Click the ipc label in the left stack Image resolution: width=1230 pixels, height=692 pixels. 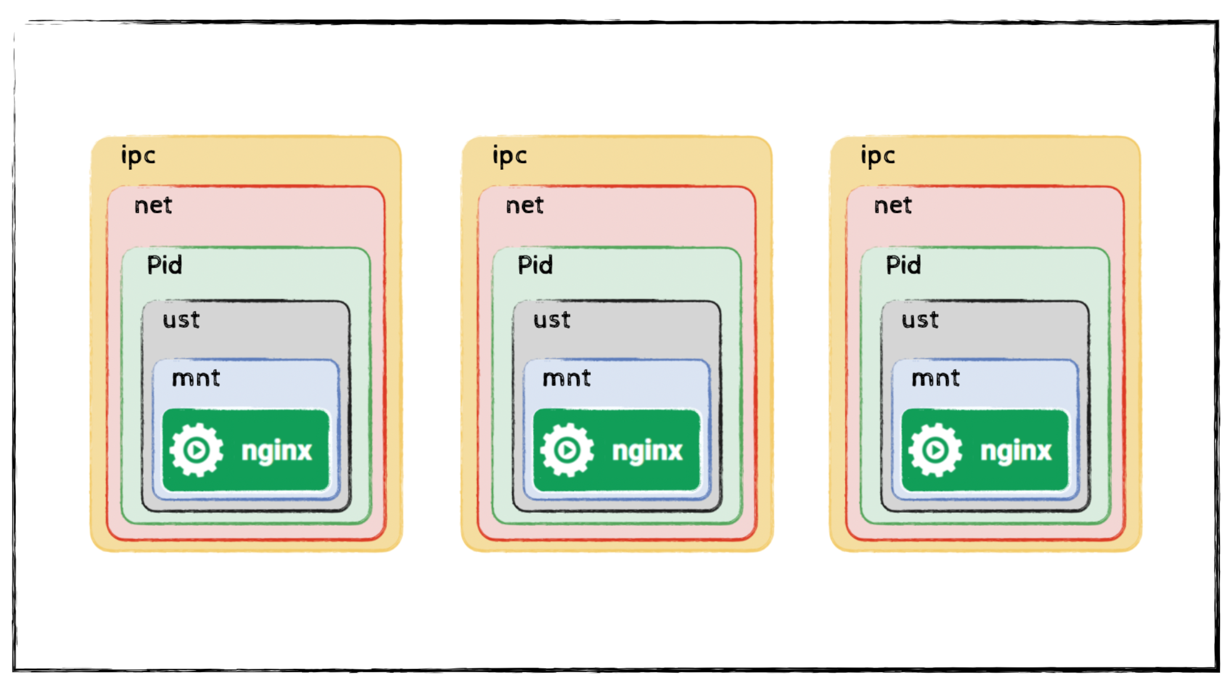138,156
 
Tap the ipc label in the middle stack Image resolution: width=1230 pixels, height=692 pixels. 509,156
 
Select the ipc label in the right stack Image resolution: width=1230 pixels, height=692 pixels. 877,156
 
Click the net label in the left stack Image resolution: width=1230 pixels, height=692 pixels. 153,205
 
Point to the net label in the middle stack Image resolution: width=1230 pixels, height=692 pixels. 524,205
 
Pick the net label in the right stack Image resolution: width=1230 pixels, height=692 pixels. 892,205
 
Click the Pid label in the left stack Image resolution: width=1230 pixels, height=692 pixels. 164,265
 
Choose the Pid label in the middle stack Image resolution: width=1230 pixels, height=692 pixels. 535,265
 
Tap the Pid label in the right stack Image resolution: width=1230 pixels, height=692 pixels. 903,265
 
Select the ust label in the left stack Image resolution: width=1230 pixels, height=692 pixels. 181,320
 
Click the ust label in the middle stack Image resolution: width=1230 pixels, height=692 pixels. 552,320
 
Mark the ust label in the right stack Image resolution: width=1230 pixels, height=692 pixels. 920,320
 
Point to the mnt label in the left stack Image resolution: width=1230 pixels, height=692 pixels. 196,378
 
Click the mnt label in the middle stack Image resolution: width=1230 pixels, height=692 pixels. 566,378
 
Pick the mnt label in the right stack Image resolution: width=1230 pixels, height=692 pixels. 935,378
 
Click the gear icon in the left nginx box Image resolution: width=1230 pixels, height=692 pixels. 196,450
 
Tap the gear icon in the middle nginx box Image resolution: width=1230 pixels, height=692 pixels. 567,450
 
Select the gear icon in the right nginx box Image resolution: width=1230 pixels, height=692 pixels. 935,450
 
